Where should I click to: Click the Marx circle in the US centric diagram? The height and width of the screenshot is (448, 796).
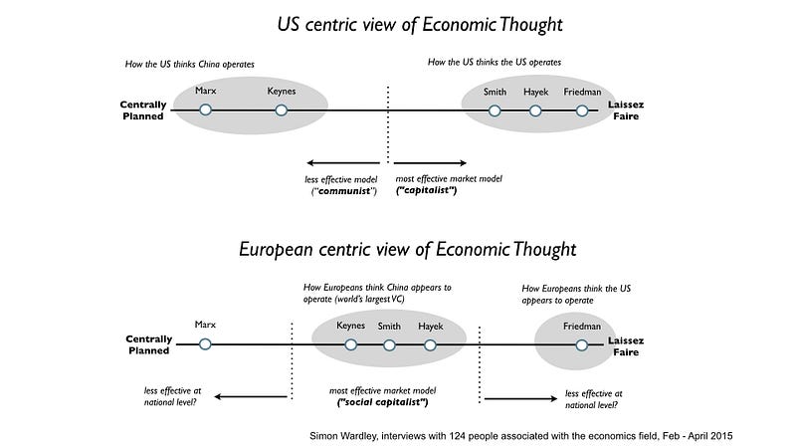pyautogui.click(x=205, y=111)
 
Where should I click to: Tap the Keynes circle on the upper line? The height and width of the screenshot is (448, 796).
pyautogui.click(x=282, y=111)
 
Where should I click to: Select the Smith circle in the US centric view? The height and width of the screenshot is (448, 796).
pyautogui.click(x=495, y=111)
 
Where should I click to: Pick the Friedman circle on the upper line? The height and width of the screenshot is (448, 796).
pyautogui.click(x=582, y=111)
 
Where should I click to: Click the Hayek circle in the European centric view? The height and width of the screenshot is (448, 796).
pyautogui.click(x=430, y=344)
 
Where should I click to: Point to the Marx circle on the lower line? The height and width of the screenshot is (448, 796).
pyautogui.click(x=205, y=344)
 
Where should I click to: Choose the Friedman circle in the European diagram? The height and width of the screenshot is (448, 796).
pyautogui.click(x=582, y=344)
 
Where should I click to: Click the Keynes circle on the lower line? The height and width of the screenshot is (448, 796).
pyautogui.click(x=350, y=344)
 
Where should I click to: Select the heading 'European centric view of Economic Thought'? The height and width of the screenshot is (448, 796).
pyautogui.click(x=407, y=249)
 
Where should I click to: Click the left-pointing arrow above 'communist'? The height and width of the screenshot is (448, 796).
pyautogui.click(x=342, y=162)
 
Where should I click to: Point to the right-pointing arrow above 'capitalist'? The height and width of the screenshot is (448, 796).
pyautogui.click(x=430, y=162)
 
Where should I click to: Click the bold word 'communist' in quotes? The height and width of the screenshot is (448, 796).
pyautogui.click(x=344, y=191)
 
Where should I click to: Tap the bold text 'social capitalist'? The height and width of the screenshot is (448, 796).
pyautogui.click(x=383, y=402)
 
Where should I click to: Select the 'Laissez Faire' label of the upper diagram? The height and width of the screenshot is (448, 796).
pyautogui.click(x=626, y=111)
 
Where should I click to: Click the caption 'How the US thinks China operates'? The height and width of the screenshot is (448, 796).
pyautogui.click(x=190, y=65)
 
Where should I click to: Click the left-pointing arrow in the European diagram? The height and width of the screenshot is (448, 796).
pyautogui.click(x=250, y=397)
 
